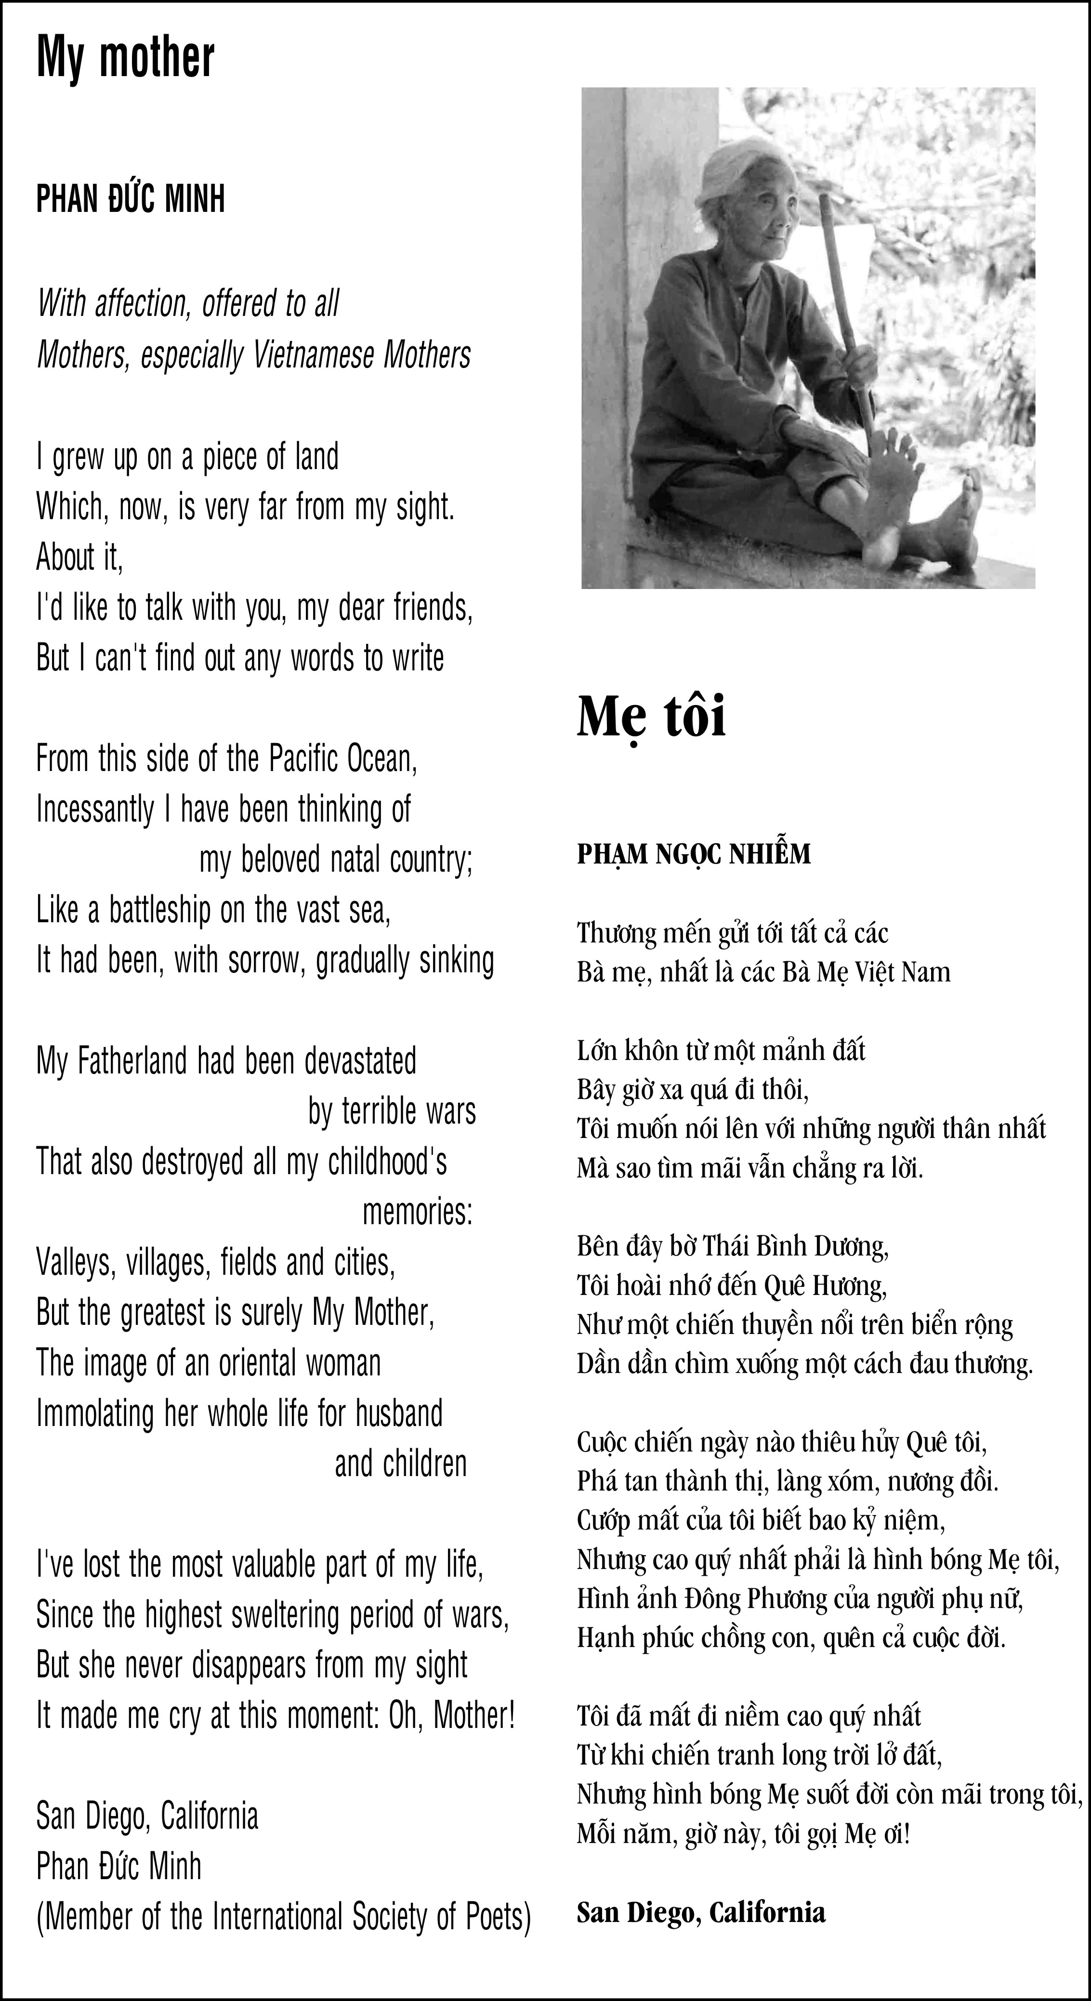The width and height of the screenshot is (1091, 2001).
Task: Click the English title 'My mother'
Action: (125, 57)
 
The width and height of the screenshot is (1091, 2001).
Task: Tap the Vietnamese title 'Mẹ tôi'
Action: (651, 716)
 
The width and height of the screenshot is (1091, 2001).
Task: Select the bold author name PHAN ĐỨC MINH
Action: (131, 199)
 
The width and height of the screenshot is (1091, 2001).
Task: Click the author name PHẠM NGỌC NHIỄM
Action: (693, 854)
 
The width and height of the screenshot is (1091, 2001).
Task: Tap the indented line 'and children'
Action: (400, 1464)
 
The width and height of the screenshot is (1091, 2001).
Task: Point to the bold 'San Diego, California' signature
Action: (700, 1912)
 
